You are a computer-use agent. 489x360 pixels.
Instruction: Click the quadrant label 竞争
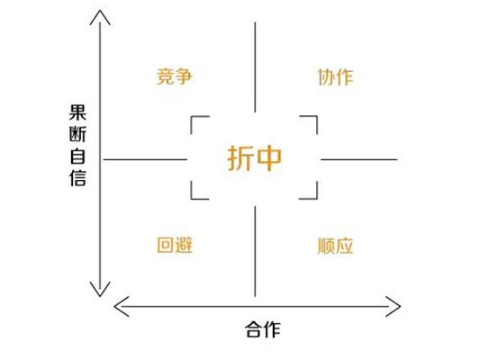pyautogui.click(x=175, y=76)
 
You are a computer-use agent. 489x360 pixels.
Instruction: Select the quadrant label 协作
pyautogui.click(x=335, y=77)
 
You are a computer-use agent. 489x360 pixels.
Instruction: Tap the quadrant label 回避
pyautogui.click(x=175, y=245)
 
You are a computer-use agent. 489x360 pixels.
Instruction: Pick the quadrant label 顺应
pyautogui.click(x=335, y=246)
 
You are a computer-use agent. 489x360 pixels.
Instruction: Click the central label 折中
pyautogui.click(x=255, y=158)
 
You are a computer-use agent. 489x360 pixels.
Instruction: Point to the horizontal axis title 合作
pyautogui.click(x=263, y=329)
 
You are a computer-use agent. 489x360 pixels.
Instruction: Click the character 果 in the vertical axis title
pyautogui.click(x=77, y=112)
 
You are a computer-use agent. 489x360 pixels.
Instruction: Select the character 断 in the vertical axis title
pyautogui.click(x=77, y=134)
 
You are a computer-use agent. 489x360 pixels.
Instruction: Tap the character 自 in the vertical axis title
pyautogui.click(x=77, y=157)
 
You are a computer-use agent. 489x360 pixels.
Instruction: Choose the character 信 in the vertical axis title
pyautogui.click(x=77, y=178)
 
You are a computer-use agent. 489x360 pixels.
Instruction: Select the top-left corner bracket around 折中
pyautogui.click(x=192, y=117)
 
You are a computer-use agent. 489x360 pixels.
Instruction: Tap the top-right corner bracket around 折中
pyautogui.click(x=316, y=117)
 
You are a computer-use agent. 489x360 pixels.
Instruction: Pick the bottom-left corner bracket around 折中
pyautogui.click(x=192, y=198)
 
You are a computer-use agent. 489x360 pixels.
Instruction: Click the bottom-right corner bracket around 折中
pyautogui.click(x=316, y=198)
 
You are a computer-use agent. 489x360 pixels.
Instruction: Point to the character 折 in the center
pyautogui.click(x=240, y=158)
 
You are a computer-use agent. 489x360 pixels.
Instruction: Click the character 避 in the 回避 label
pyautogui.click(x=184, y=245)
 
